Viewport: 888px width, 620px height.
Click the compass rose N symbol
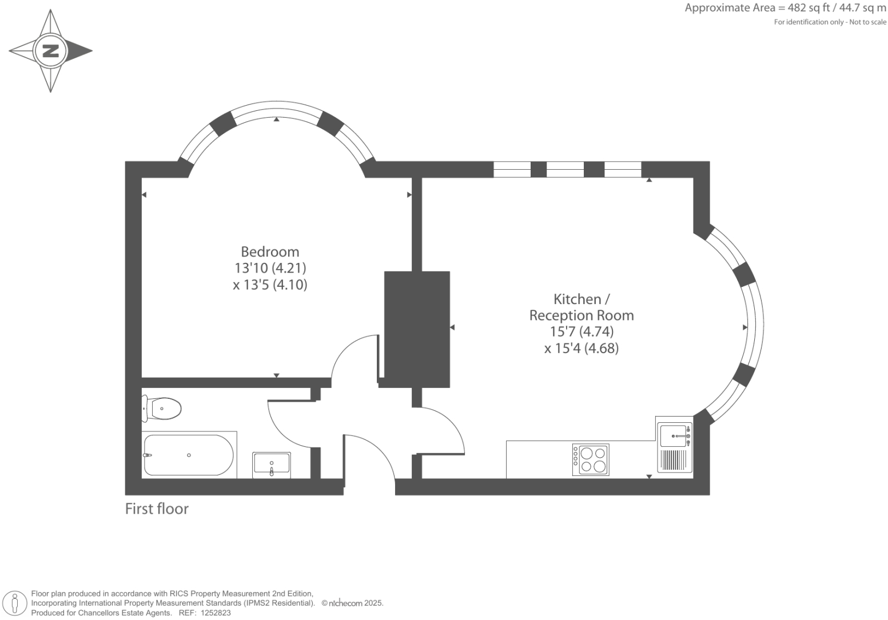[51, 51]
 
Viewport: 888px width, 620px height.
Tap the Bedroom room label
[270, 252]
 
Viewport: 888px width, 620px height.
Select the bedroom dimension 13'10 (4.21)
[270, 268]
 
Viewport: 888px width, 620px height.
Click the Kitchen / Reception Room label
[581, 307]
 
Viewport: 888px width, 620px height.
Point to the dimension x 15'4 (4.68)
[581, 348]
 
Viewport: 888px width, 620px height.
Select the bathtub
[189, 455]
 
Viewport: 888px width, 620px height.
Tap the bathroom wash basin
[272, 464]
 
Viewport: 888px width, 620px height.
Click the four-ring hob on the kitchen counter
[591, 459]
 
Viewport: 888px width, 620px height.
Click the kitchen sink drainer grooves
[673, 460]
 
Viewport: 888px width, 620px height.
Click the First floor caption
[157, 509]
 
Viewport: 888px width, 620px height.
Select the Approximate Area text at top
[785, 8]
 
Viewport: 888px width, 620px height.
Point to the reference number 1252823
[213, 613]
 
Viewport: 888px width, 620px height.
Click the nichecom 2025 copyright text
[352, 603]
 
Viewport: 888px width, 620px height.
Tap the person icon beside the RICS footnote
[15, 603]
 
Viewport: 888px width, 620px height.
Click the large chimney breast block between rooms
[417, 329]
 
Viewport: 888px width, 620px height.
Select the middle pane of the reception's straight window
[565, 170]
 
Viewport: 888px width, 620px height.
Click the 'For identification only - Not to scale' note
[830, 22]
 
